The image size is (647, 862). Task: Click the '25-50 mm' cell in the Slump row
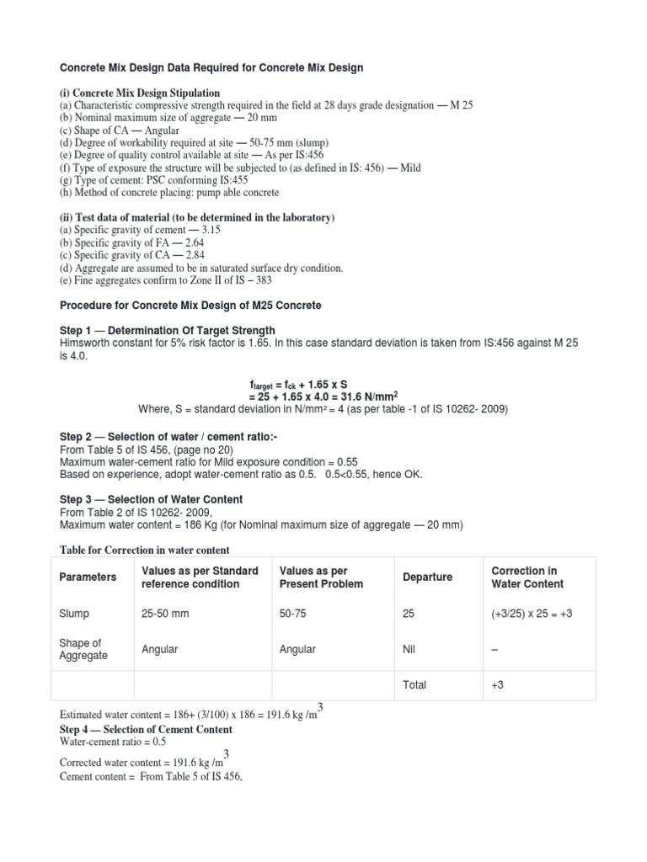(x=165, y=614)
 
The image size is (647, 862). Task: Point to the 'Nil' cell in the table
(x=411, y=650)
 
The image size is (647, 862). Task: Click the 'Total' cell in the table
(x=414, y=685)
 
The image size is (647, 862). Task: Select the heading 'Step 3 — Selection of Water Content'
(x=151, y=499)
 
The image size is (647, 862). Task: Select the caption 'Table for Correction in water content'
(x=143, y=550)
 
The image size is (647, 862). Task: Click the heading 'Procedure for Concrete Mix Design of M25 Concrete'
(x=190, y=305)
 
